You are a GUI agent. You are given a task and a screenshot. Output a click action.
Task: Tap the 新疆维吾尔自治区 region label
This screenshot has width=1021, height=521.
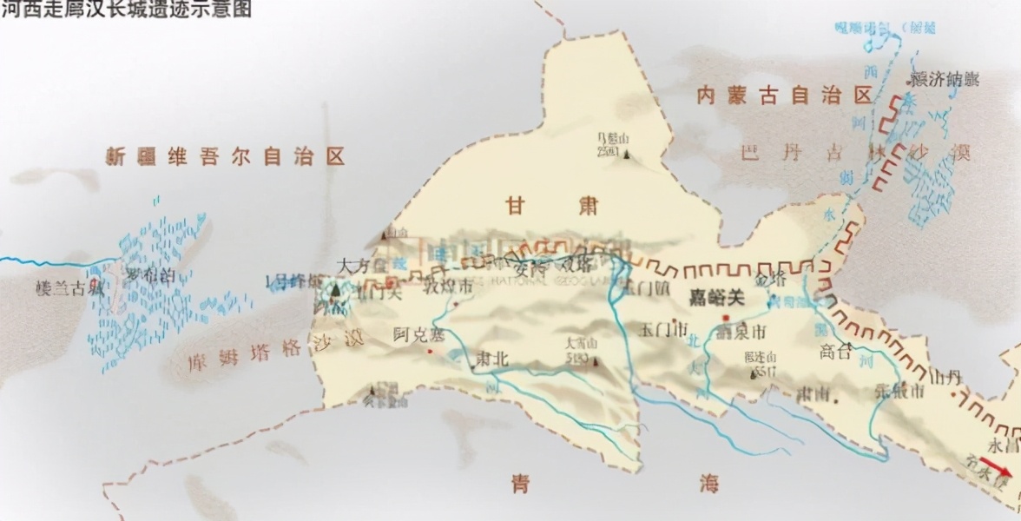pos(225,157)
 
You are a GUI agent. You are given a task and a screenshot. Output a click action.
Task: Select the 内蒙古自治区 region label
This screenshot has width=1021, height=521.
pos(784,96)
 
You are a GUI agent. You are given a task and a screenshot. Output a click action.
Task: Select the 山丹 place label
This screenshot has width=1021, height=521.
pos(945,377)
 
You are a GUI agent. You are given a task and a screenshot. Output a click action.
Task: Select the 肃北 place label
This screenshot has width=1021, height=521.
pos(491,359)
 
